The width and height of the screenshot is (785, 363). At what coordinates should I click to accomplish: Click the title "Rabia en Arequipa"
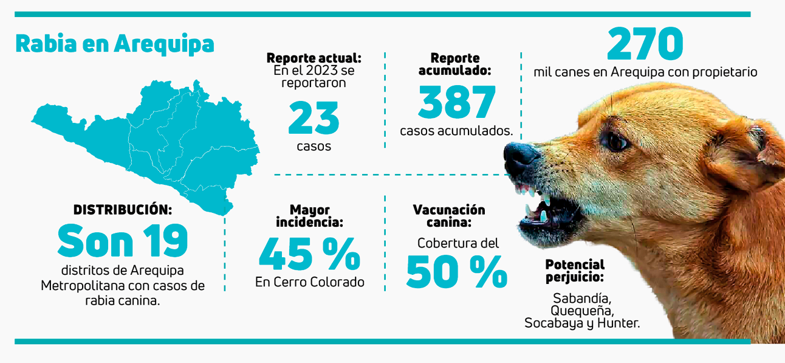114,44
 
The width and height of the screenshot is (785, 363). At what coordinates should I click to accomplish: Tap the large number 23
314,118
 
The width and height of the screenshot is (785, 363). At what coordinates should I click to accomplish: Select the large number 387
457,102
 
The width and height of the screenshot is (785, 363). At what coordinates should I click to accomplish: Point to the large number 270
645,43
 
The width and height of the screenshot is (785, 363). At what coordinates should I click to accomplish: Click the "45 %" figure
309,254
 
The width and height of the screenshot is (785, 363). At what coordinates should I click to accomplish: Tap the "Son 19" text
123,241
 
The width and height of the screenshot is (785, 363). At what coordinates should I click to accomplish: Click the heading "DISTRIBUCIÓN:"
123,210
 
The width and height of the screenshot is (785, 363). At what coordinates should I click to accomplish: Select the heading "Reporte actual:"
314,58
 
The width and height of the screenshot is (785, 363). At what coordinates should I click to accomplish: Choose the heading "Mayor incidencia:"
309,216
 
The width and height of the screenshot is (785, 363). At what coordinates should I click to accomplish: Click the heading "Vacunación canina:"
449,216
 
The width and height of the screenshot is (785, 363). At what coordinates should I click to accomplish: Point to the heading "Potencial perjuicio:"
575,271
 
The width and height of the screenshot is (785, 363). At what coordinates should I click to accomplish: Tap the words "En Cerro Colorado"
309,282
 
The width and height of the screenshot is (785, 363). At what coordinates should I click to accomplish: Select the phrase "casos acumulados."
457,131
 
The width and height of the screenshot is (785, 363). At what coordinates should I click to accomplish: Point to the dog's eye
617,142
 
